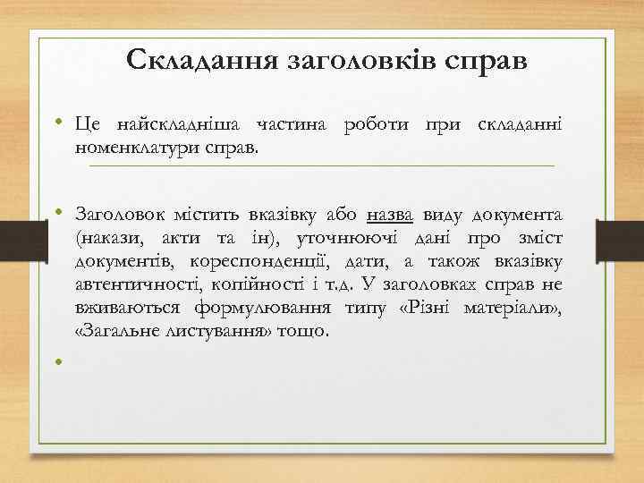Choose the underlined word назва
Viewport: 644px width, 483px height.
click(x=389, y=216)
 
